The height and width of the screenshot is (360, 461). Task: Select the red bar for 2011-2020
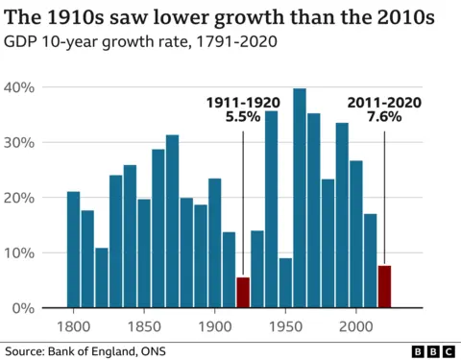[x=384, y=287]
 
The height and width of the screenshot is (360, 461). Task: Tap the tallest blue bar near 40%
[x=300, y=198]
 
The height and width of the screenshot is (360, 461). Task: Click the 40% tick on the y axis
[x=21, y=87]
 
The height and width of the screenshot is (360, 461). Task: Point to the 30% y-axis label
[x=21, y=142]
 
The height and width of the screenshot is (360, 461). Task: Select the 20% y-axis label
[x=21, y=198]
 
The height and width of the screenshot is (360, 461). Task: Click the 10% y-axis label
[x=21, y=252]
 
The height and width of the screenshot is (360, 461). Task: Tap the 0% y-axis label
[x=25, y=308]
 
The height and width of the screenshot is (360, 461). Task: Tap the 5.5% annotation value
[x=243, y=118]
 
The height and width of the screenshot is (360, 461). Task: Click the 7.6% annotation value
[x=384, y=118]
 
